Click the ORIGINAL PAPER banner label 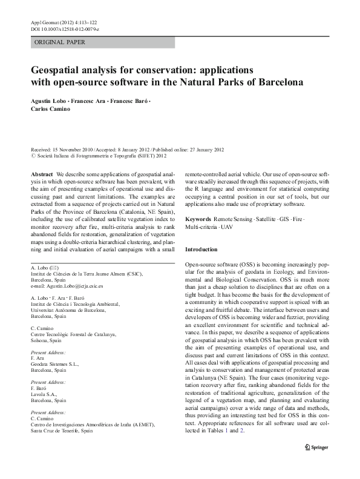pos(60,42)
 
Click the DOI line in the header pos(65,29)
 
